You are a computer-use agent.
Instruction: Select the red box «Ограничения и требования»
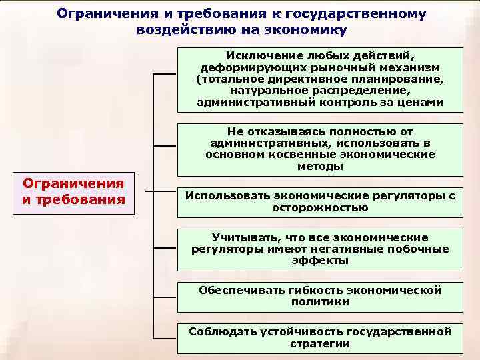[x=73, y=191]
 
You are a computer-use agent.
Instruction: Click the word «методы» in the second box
[x=320, y=167]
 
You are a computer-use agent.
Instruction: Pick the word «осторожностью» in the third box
[x=320, y=208]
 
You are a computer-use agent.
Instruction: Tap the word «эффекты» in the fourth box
[x=320, y=261]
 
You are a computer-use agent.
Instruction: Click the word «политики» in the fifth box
[x=320, y=302]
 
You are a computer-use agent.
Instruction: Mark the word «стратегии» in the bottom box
[x=320, y=343]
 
